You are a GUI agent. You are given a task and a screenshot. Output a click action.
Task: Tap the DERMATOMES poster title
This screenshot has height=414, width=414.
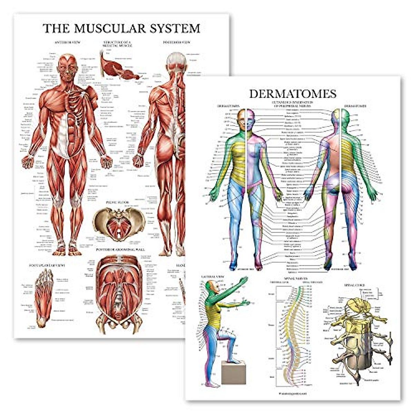pos(293,93)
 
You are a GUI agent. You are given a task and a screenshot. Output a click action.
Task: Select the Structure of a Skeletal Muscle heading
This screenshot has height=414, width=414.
pos(118,44)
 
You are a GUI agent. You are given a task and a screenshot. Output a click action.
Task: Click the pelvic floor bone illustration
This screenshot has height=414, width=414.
pos(119,223)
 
